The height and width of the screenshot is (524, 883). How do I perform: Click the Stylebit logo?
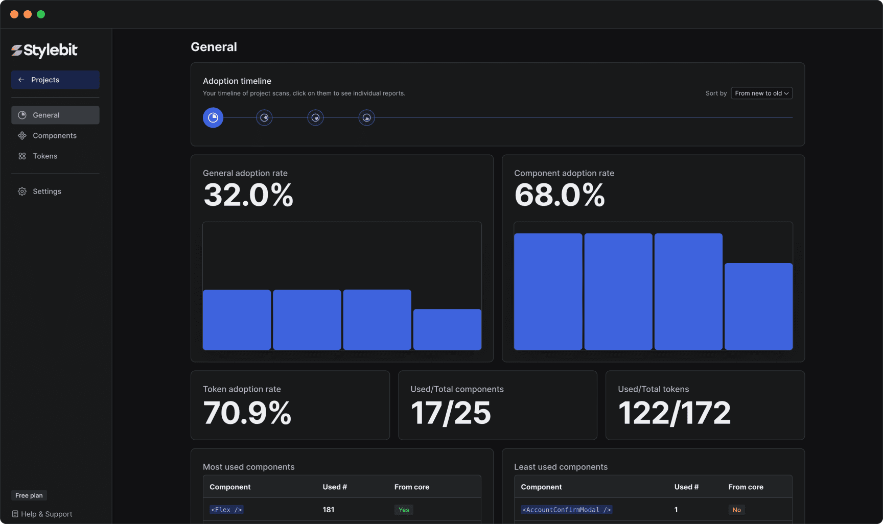44,50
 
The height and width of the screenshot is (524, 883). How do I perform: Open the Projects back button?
55,80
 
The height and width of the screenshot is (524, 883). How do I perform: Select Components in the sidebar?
55,136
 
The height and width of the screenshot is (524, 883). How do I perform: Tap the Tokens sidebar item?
45,156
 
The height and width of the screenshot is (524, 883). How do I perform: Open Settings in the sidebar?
47,192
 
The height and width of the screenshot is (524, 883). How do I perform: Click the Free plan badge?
29,495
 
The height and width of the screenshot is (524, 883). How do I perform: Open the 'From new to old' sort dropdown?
761,93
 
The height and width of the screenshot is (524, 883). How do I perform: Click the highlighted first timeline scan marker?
213,118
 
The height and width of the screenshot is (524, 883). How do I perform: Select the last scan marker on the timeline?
366,118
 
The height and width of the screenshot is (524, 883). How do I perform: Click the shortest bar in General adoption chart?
447,329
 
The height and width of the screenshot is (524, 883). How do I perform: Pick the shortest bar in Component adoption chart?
758,306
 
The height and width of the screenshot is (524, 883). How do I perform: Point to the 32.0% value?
248,195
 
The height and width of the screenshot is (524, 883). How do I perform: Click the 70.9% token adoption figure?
247,413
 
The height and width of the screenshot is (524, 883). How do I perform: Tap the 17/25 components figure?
451,413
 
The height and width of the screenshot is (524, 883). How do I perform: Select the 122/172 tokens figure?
675,413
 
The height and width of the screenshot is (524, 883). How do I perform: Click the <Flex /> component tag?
226,510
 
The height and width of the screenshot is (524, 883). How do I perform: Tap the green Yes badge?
404,510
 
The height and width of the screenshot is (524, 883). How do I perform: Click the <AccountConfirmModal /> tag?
566,510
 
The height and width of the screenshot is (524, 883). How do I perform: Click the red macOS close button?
14,14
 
